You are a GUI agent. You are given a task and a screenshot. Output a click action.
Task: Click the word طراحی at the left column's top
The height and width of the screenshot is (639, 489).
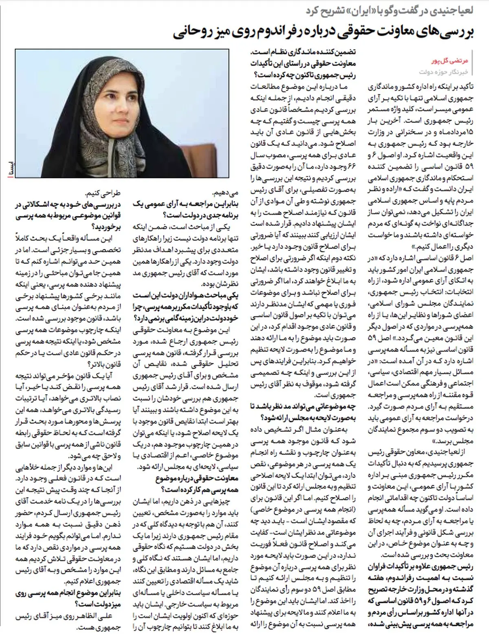coord(88,193)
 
